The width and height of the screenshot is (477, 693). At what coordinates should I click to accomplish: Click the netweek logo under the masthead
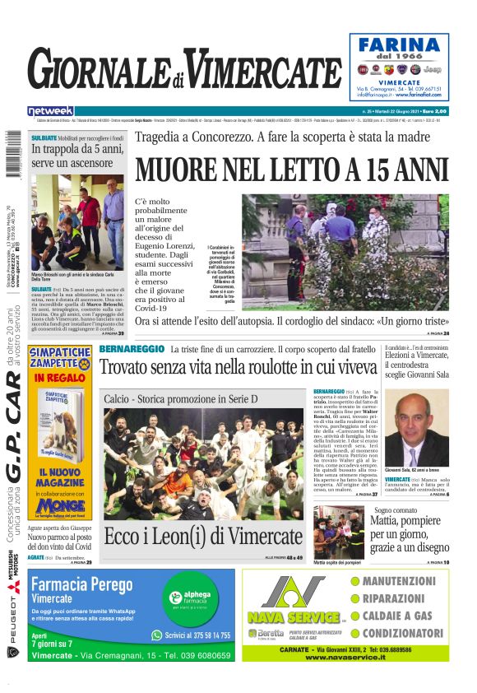click(x=50, y=111)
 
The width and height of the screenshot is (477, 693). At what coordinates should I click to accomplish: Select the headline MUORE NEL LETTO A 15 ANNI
click(x=292, y=170)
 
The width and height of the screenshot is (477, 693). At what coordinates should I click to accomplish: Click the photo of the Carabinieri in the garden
click(x=345, y=251)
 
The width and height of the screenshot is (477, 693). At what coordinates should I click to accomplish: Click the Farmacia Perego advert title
click(x=81, y=584)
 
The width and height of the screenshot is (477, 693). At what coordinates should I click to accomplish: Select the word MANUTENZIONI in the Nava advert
click(x=399, y=581)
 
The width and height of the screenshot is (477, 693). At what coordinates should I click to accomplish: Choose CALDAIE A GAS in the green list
click(x=398, y=616)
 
